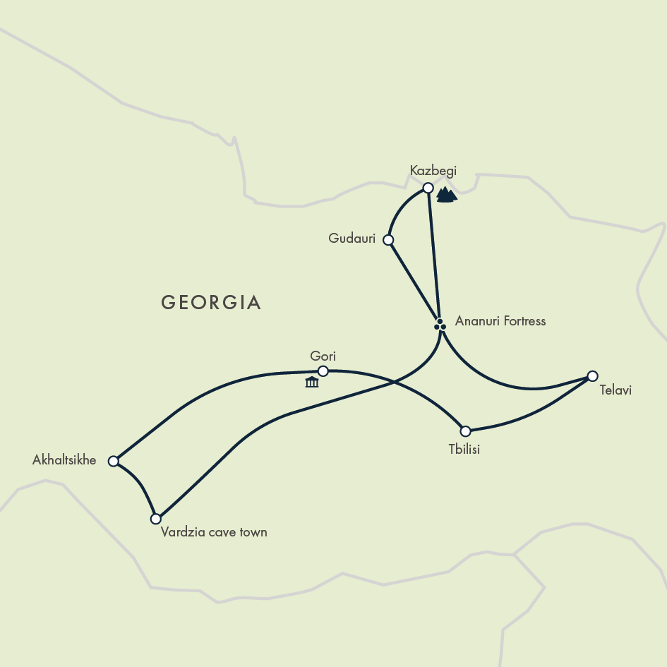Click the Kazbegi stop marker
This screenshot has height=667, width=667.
[x=428, y=188]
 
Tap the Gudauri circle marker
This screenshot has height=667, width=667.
[x=387, y=240]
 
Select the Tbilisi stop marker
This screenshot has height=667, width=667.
[x=465, y=431]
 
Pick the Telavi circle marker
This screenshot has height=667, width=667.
[x=593, y=376]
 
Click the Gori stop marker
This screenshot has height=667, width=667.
[x=323, y=371]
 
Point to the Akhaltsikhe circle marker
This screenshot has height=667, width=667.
[x=113, y=461]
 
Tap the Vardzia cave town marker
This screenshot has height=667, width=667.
[x=156, y=519]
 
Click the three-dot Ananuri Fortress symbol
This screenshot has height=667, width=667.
[x=440, y=325]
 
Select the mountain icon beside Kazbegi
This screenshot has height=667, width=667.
[x=446, y=195]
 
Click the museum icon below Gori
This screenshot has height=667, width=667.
[x=311, y=383]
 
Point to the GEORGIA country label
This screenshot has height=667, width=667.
[x=211, y=303]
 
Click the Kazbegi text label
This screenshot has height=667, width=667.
[x=433, y=170]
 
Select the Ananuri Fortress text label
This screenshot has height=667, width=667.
[x=500, y=321]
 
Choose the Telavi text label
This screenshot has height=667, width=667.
[x=615, y=390]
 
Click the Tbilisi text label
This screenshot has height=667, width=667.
[x=464, y=449]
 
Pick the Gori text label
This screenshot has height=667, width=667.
[x=323, y=356]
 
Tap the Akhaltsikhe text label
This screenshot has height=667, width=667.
[x=64, y=460]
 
